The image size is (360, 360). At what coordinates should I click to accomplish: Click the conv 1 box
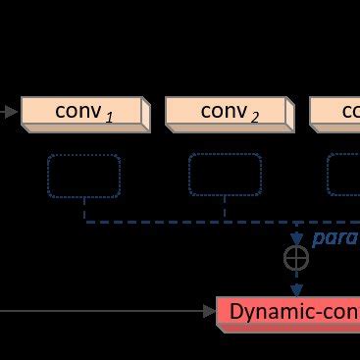coord(82,112)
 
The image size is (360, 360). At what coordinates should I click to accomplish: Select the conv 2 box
coord(228,112)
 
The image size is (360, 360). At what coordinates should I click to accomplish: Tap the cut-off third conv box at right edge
coord(336,112)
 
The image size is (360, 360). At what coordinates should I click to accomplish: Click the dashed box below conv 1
coord(84,175)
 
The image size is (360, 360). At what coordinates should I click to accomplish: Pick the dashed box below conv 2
coord(225,175)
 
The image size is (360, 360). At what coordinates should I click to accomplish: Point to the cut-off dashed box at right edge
coord(344,175)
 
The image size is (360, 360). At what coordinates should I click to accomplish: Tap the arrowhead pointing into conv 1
coord(13,112)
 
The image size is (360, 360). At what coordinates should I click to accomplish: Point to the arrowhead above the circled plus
coord(295,238)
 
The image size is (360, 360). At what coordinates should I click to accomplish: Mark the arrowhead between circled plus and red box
coord(295,288)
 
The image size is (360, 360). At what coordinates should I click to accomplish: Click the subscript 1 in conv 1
coord(109,118)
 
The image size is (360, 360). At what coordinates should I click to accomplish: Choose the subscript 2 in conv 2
coord(254,118)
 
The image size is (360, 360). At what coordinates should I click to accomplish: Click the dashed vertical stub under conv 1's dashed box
coord(84,209)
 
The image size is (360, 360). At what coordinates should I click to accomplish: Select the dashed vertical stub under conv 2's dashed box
coord(225,209)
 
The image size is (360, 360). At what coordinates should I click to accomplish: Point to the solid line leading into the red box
coord(98,312)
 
